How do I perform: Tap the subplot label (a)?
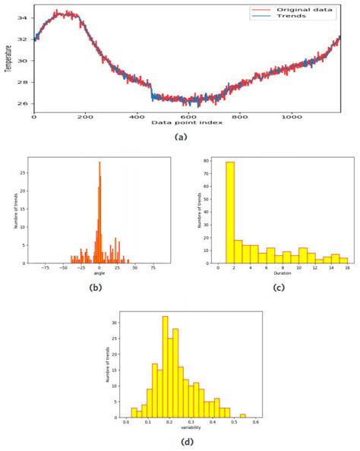pyautogui.click(x=181, y=137)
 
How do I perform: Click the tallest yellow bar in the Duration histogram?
pyautogui.click(x=229, y=212)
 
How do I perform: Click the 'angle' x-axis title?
pyautogui.click(x=99, y=273)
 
